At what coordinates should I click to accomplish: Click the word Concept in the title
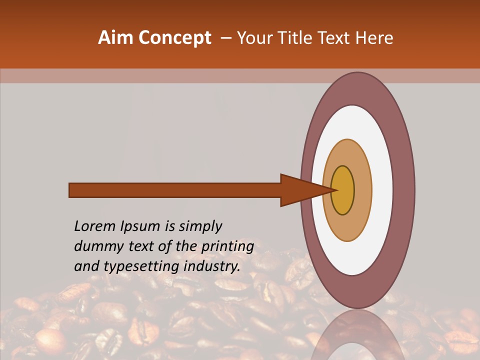point(175,38)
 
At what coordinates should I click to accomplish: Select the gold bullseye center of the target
point(343,190)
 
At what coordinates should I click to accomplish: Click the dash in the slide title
point(225,38)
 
